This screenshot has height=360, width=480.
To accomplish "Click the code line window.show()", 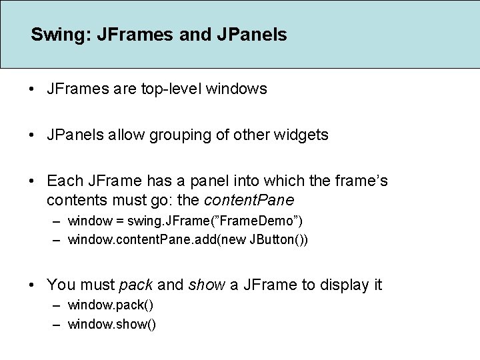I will [x=112, y=325].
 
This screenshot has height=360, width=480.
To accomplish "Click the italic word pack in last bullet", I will [x=135, y=285].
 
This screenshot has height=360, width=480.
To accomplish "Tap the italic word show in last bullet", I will [x=207, y=285].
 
